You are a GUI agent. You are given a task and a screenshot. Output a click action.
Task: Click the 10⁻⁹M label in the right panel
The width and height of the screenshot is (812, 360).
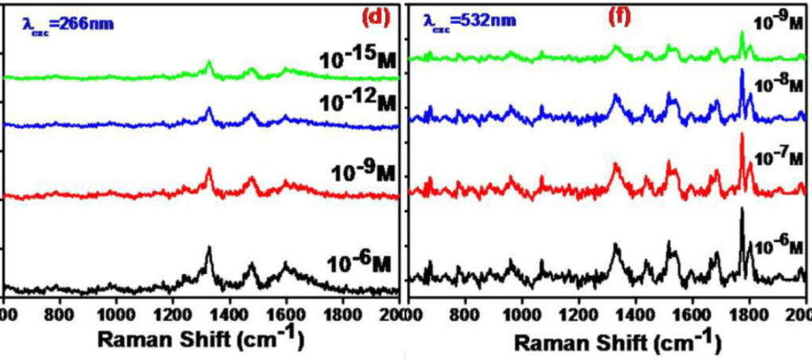click(780, 21)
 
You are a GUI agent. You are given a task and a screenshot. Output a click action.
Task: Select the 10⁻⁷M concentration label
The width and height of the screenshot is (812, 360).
click(780, 158)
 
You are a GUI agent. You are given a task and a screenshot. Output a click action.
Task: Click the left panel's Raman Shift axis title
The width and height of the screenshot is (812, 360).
click(201, 339)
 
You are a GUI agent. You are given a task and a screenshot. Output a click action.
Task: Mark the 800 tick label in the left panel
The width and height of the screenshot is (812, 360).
click(60, 312)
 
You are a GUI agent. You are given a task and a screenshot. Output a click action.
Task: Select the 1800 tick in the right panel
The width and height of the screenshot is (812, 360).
click(748, 312)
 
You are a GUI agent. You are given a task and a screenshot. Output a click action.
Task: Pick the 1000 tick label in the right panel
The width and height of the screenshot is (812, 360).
click(520, 312)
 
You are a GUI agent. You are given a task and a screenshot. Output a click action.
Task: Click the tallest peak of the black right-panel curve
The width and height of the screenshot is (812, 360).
click(741, 209)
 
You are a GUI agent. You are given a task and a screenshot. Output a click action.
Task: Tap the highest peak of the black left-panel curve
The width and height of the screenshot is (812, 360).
click(209, 248)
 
